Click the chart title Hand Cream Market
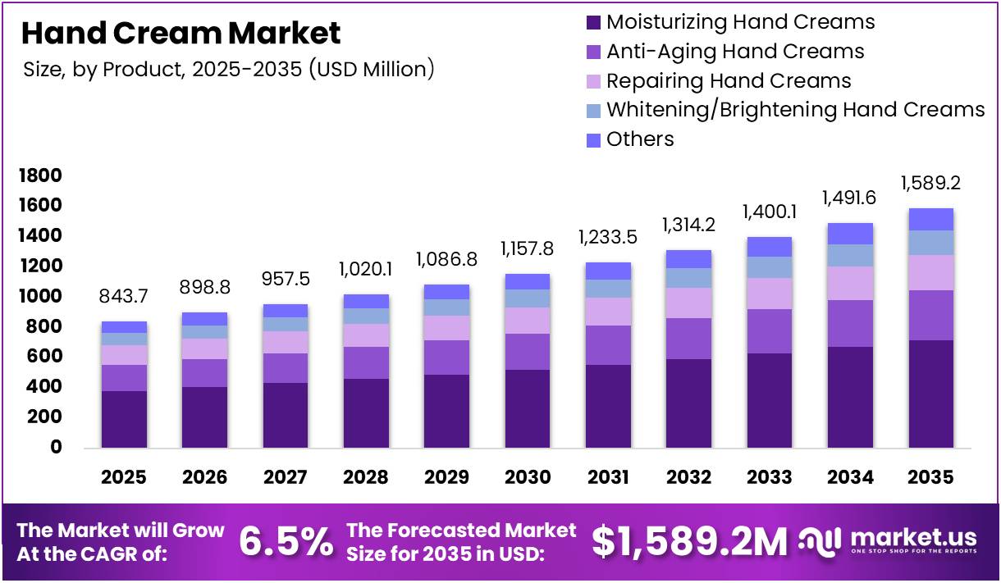[181, 34]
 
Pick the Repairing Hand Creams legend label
[729, 81]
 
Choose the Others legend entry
[640, 139]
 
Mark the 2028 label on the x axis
[366, 477]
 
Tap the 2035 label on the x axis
[931, 477]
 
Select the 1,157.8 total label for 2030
[528, 247]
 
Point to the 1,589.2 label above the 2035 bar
[931, 183]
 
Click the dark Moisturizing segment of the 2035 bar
[931, 394]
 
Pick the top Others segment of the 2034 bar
[850, 234]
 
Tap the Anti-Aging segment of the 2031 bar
[608, 345]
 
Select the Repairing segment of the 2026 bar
[204, 348]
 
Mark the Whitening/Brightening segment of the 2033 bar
[770, 267]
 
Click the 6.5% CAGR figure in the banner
[286, 542]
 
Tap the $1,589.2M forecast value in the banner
[689, 542]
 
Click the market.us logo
[890, 541]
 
